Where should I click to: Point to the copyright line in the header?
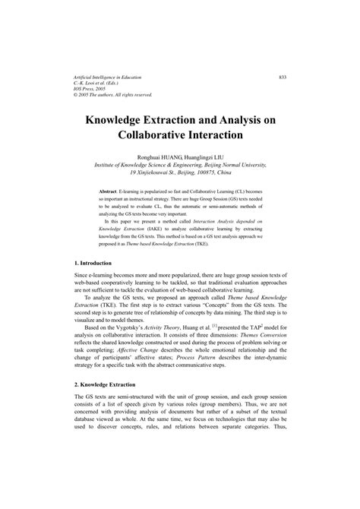[114, 95]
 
